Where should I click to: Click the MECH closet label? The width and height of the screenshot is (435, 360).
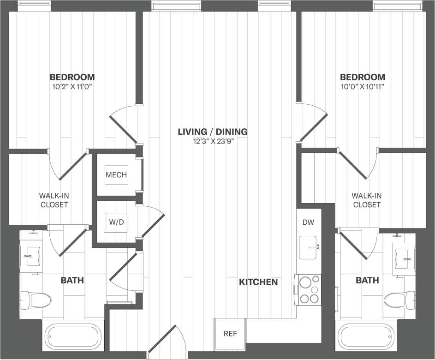[x=116, y=175]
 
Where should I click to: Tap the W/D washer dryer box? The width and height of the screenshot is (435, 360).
[x=116, y=222]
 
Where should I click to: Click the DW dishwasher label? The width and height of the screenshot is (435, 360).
[x=308, y=222]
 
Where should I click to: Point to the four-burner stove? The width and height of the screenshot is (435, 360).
[x=309, y=289]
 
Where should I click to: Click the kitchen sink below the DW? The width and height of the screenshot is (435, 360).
[x=309, y=248]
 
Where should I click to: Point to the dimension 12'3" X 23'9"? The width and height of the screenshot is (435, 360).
[x=213, y=142]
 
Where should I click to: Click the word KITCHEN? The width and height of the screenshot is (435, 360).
[x=258, y=282]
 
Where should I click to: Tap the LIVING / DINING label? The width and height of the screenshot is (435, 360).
[x=213, y=132]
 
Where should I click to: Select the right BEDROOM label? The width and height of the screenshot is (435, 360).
[x=363, y=77]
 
